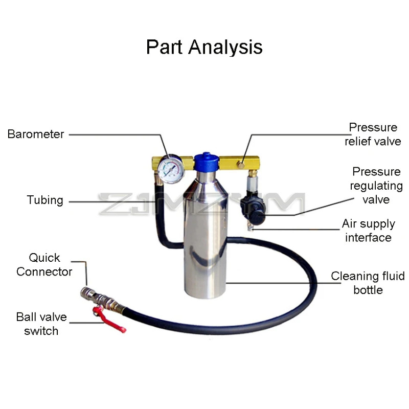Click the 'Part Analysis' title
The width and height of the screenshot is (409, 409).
click(204, 47)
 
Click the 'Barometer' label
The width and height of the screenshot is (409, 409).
click(36, 134)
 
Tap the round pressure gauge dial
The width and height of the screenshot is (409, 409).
click(171, 169)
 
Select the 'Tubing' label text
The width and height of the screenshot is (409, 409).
click(45, 200)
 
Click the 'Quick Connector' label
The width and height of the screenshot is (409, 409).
click(44, 265)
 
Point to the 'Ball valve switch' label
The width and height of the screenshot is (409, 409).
click(41, 324)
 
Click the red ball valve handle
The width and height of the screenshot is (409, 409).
click(109, 320)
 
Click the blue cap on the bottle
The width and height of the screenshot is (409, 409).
click(207, 162)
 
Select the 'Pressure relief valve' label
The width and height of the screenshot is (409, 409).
click(373, 134)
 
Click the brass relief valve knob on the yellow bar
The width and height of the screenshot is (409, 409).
click(241, 165)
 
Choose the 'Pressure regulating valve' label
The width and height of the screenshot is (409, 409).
click(376, 186)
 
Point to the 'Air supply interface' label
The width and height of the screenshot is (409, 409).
click(368, 231)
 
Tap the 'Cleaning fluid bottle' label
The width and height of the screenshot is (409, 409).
click(368, 283)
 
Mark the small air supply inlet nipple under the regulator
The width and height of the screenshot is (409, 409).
click(250, 228)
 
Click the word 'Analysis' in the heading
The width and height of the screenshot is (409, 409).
click(225, 48)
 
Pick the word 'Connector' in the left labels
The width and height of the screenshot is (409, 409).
click(44, 272)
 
